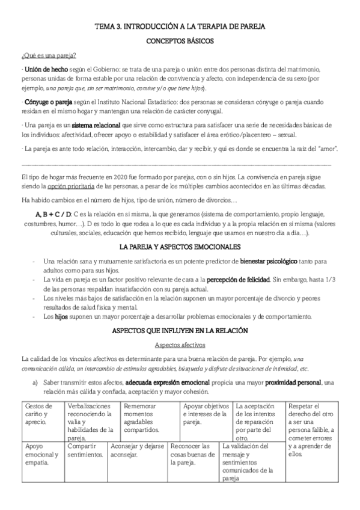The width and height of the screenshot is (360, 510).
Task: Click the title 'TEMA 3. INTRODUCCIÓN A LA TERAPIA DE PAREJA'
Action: click(180, 27)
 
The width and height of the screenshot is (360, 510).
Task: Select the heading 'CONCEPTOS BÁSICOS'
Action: click(180, 43)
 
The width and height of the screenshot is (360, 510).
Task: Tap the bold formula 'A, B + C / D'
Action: click(54, 215)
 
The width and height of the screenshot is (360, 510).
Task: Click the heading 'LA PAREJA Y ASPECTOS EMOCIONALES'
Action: click(180, 247)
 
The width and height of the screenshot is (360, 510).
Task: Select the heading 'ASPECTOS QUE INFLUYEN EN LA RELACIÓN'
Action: click(180, 331)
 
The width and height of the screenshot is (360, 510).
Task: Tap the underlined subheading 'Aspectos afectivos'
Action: click(163, 345)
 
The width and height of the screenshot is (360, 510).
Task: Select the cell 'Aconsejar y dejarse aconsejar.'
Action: click(136, 450)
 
